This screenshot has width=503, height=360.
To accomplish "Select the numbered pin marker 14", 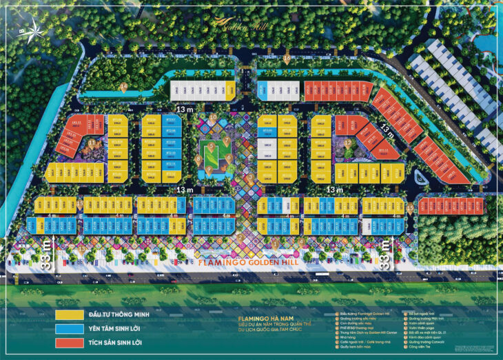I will [x=123, y=87].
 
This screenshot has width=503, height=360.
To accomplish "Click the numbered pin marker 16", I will [x=287, y=58].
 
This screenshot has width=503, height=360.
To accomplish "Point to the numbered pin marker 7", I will [x=226, y=141].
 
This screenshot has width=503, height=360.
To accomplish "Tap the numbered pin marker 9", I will [x=209, y=167].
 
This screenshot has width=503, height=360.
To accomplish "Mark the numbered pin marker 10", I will [x=214, y=117].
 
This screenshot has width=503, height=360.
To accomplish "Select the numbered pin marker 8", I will [x=198, y=159].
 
